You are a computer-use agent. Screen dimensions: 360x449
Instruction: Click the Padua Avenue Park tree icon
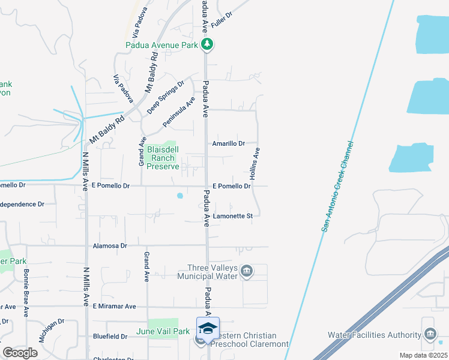tap(207, 44)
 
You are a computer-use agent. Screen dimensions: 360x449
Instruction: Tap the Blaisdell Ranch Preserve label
tap(163, 158)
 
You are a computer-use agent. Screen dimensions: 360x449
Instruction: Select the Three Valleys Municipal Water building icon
tap(247, 272)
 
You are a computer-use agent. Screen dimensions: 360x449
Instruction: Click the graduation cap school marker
tap(208, 328)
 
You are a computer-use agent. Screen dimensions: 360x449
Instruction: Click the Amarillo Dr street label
tap(229, 143)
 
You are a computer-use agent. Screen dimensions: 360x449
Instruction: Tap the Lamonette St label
tap(232, 215)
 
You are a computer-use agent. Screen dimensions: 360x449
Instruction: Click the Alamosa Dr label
tap(110, 246)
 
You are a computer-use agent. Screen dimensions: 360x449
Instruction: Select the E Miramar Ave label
tap(114, 306)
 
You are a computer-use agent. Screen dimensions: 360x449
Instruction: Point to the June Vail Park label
tap(163, 331)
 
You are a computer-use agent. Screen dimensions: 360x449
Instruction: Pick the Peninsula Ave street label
tap(179, 112)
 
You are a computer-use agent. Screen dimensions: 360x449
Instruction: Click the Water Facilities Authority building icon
tap(430, 334)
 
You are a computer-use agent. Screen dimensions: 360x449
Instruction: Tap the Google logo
tap(20, 353)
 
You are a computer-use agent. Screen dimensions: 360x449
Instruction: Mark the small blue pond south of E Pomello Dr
tap(179, 195)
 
